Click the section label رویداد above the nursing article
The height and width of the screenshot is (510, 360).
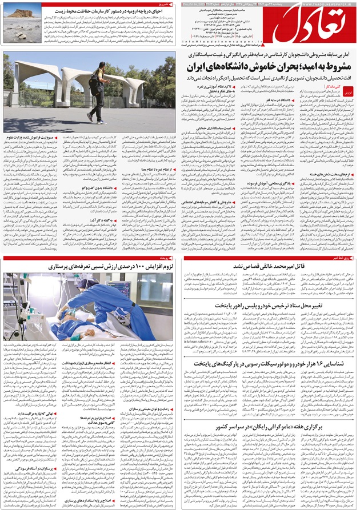click(170, 258)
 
